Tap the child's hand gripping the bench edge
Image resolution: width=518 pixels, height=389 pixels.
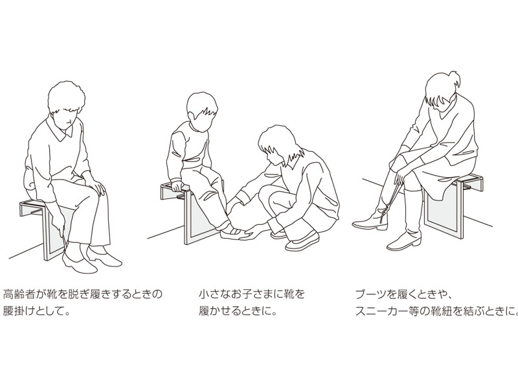176,186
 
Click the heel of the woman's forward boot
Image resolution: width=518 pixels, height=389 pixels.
383,228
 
